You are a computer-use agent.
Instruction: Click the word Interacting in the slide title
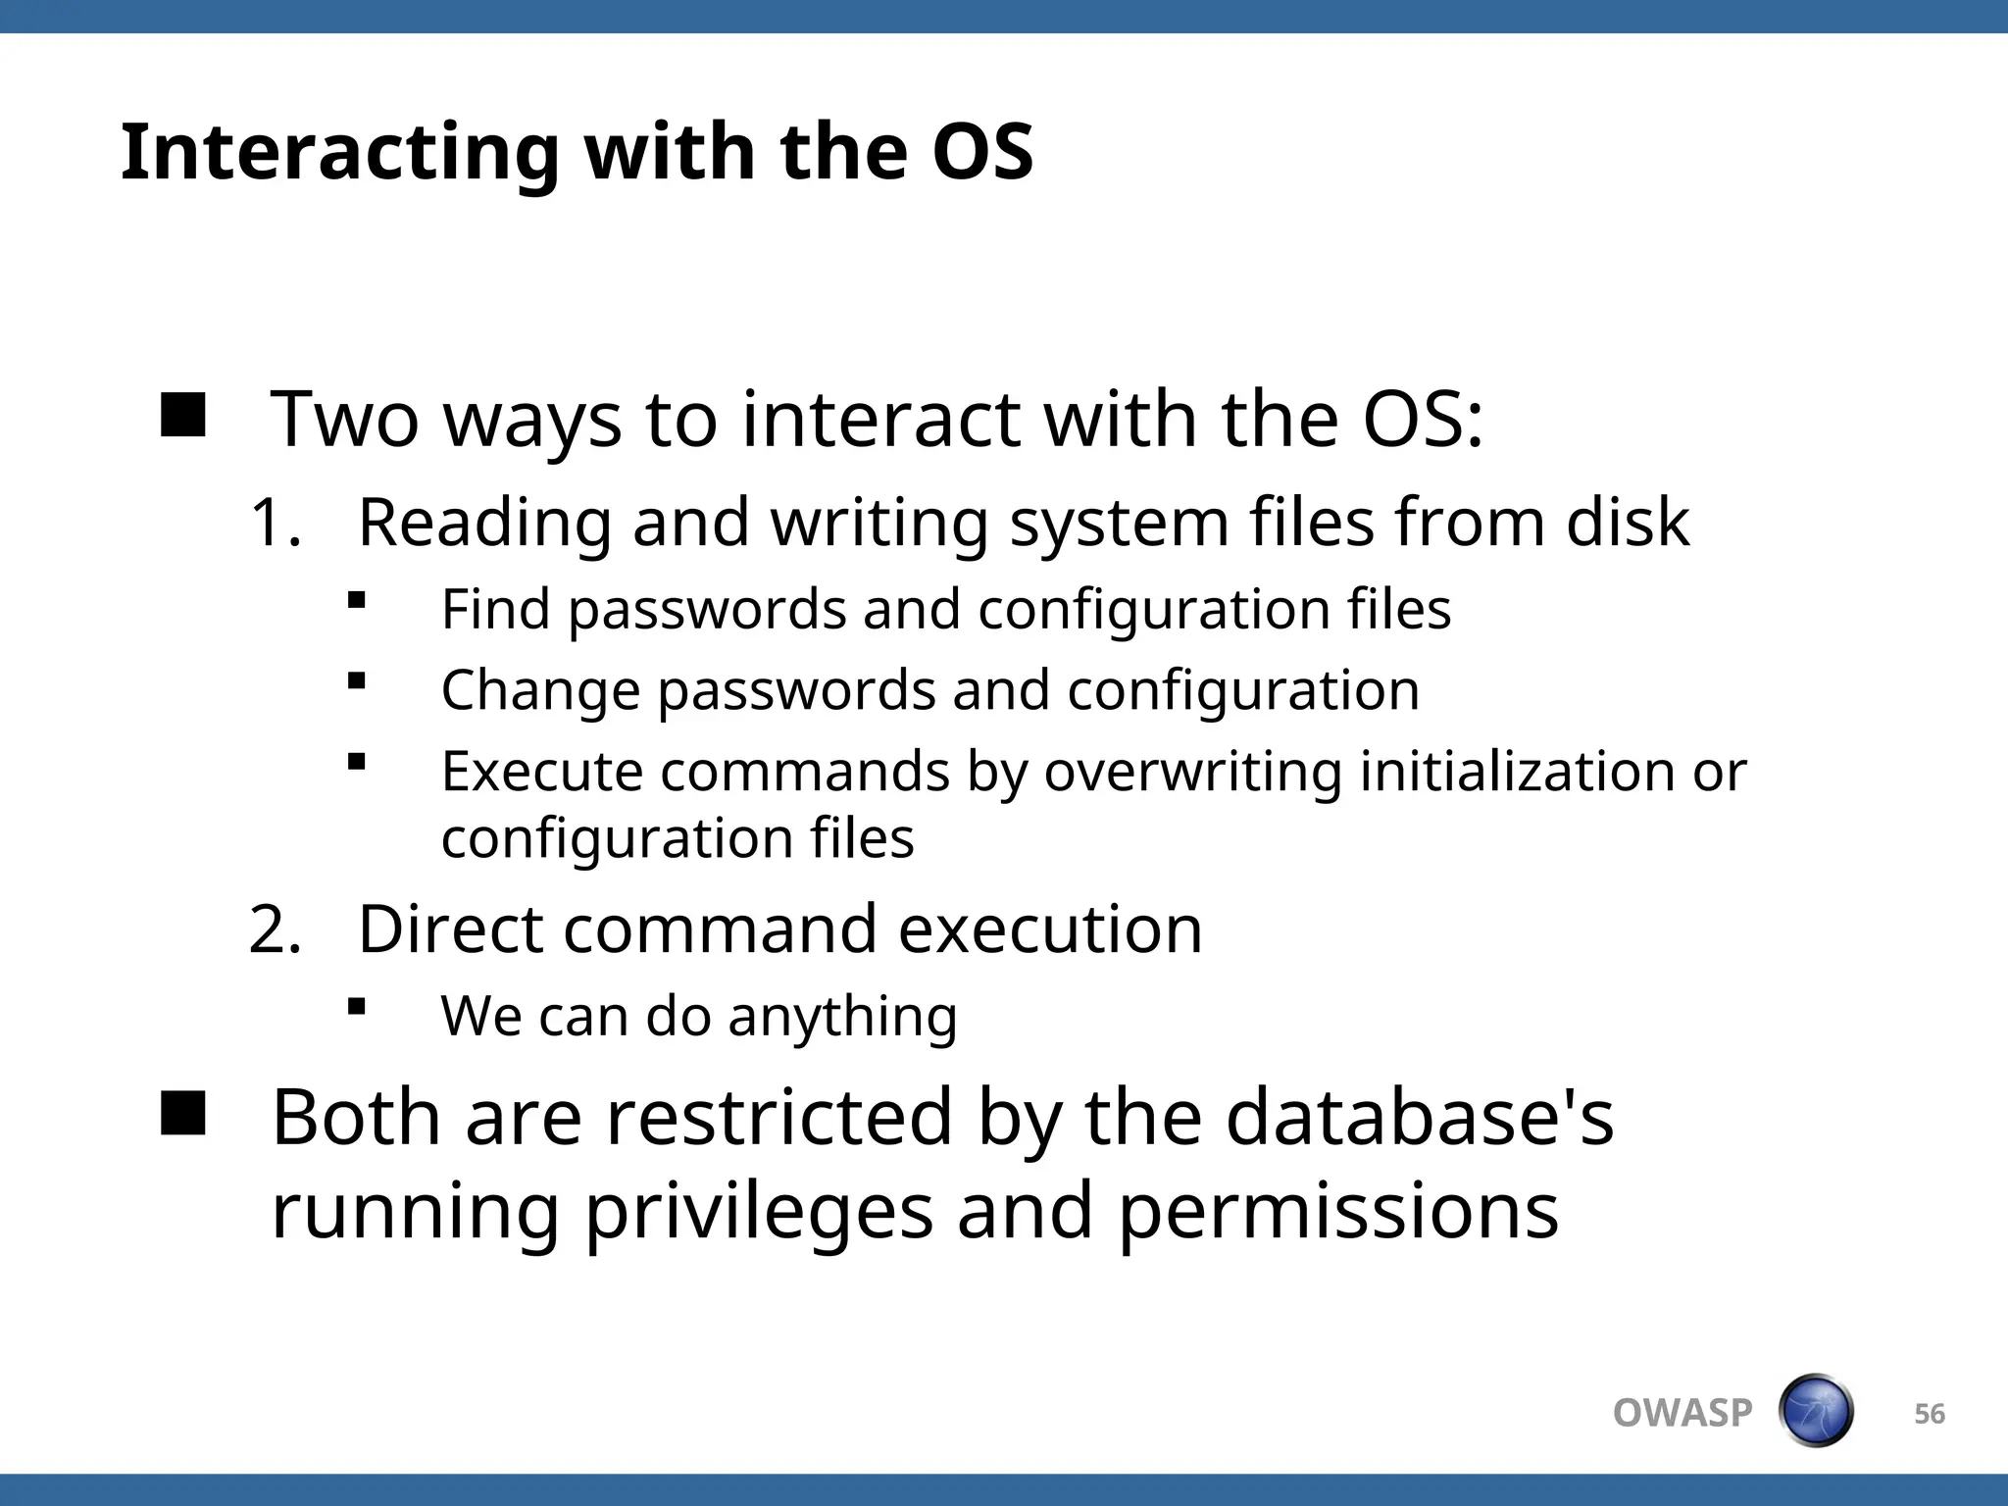pos(339,154)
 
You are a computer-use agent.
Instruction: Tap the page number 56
pos(1930,1414)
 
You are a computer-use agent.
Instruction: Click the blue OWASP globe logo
pos(1816,1411)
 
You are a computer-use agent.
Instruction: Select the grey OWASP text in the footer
pos(1682,1413)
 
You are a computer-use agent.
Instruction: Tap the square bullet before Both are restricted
pos(183,1114)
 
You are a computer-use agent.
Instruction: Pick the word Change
pos(540,690)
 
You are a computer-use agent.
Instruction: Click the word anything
pos(842,1018)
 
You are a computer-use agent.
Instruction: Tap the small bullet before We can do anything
pos(357,1006)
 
